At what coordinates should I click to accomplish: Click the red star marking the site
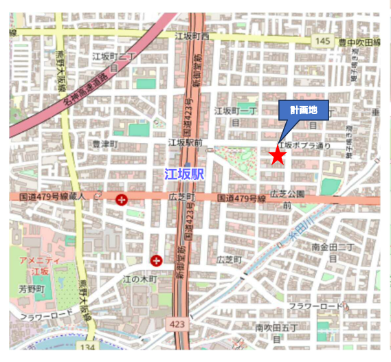point(277,156)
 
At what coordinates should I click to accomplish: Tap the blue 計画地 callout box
point(303,109)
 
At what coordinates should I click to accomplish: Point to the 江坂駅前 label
point(186,142)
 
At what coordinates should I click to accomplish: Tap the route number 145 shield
point(324,42)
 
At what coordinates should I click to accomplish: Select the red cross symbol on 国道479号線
point(122,200)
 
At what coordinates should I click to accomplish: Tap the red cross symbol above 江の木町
point(157,260)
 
